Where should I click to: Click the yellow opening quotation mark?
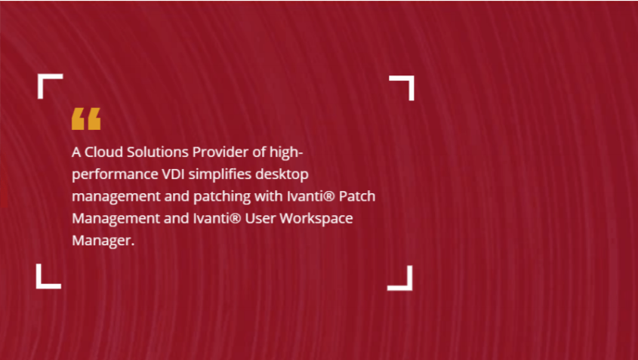[x=86, y=118]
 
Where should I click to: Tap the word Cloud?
[x=103, y=152]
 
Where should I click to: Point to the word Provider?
[x=220, y=152]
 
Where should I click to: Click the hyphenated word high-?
[x=286, y=153]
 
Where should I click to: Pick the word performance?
[x=116, y=175]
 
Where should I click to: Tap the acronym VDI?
[x=174, y=174]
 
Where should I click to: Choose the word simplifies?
[x=220, y=174]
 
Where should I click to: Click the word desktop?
[x=282, y=174]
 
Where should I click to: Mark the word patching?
[x=222, y=197]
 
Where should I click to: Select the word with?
[x=269, y=196]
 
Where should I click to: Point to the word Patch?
[x=357, y=196]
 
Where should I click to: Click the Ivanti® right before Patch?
[x=311, y=196]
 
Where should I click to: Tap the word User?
[x=260, y=218]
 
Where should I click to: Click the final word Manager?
[x=103, y=241]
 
